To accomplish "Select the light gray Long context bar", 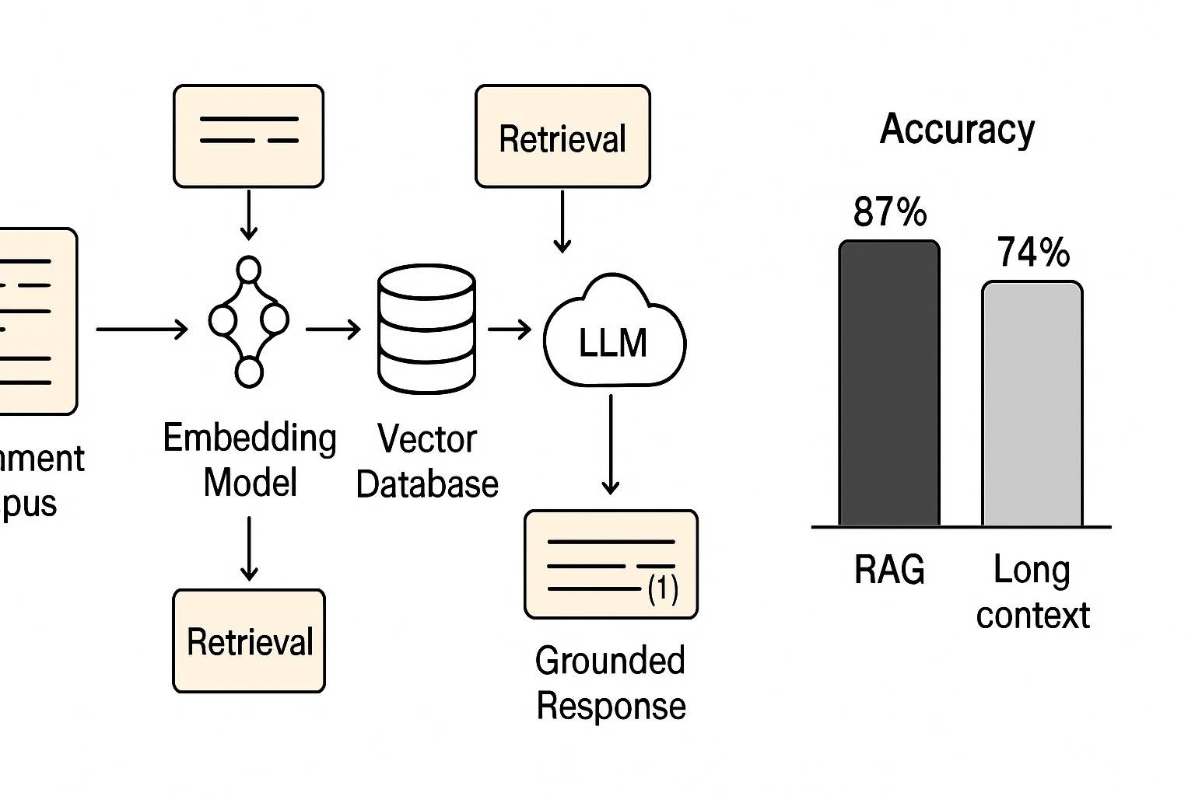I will (x=1032, y=403).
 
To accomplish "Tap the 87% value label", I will (x=890, y=211).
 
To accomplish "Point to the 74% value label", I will (x=1033, y=253).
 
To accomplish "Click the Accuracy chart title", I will (x=957, y=129).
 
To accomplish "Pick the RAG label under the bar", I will (x=889, y=570).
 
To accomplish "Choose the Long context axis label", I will (x=1032, y=592).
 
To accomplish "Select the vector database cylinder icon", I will (x=426, y=330).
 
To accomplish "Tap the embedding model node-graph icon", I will (x=248, y=321).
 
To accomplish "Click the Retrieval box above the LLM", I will (x=562, y=138).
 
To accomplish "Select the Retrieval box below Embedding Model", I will (x=249, y=641).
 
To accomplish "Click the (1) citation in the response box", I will (x=663, y=589).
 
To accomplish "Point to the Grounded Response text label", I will (x=611, y=683).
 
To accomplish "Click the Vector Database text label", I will (x=427, y=461).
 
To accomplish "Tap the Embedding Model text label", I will (x=250, y=459).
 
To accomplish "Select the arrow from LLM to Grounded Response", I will (x=611, y=444).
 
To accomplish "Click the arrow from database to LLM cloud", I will (x=510, y=330).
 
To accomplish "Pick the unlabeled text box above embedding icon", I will (x=248, y=137).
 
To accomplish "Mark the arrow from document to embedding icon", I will (x=142, y=330).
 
